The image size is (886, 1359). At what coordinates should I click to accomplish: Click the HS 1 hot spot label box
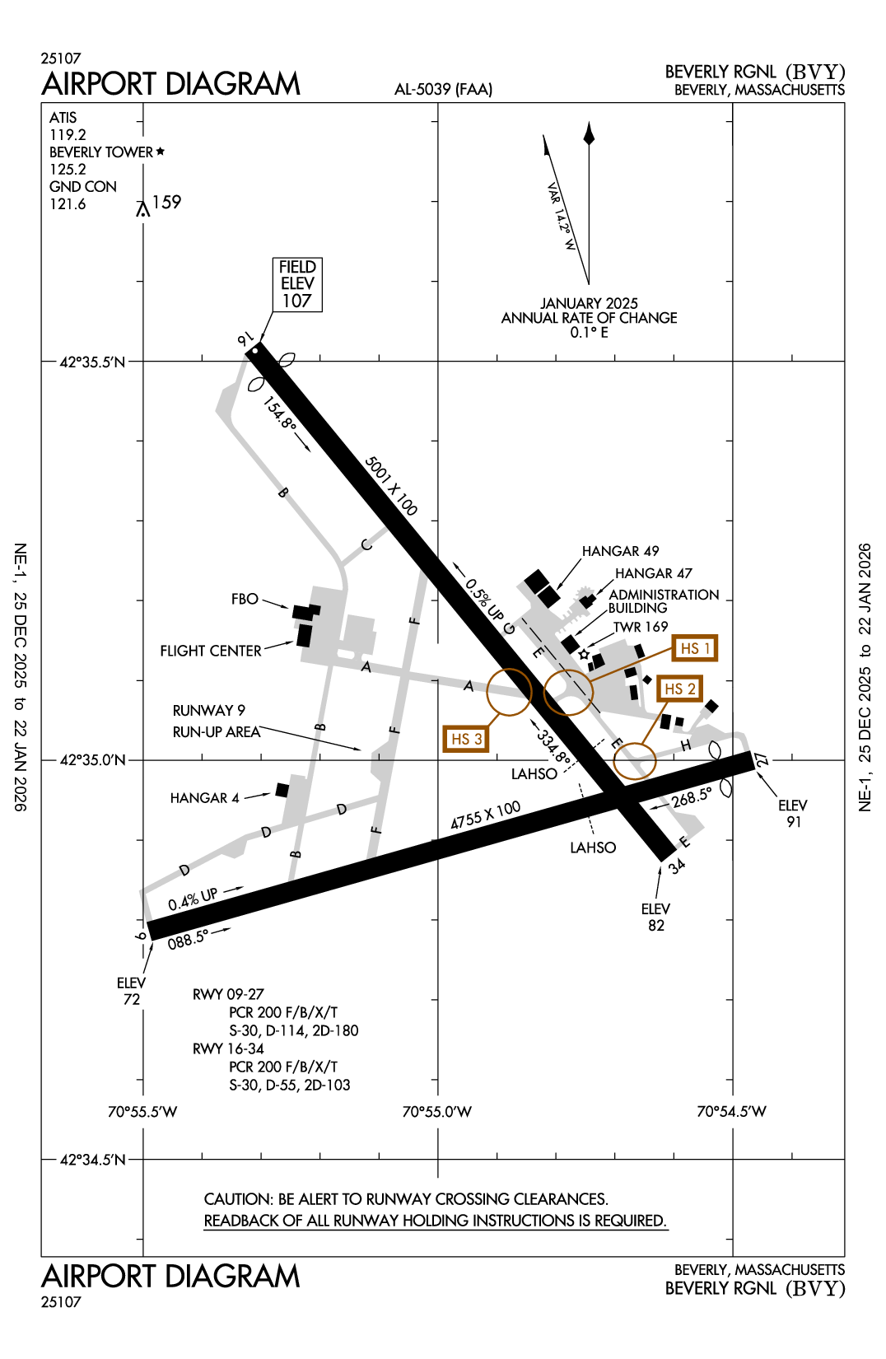(694, 648)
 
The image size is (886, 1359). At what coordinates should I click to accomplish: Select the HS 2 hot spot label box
(680, 689)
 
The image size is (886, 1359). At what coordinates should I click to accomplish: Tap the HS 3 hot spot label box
(466, 739)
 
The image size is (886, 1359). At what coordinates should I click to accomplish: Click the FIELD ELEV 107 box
(297, 284)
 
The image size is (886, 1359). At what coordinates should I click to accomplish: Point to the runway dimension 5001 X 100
(391, 486)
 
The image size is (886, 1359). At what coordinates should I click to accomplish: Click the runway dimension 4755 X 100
(486, 815)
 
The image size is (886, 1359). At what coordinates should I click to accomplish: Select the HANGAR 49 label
(620, 551)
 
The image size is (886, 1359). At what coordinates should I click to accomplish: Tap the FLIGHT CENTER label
(211, 651)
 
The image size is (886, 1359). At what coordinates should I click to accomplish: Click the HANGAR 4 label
(204, 798)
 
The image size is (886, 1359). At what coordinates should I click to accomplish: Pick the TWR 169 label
(641, 627)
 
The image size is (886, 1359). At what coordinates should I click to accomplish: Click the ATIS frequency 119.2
(68, 135)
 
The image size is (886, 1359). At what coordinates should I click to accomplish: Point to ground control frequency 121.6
(68, 204)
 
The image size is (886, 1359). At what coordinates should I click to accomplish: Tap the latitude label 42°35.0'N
(93, 759)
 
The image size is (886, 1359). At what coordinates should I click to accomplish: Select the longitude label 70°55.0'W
(436, 1112)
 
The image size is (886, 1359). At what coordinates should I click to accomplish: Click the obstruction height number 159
(166, 203)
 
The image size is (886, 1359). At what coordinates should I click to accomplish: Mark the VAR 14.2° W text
(561, 217)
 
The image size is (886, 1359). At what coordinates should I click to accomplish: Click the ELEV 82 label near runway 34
(655, 917)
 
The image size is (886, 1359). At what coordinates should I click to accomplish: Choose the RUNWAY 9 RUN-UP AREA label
(216, 721)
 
